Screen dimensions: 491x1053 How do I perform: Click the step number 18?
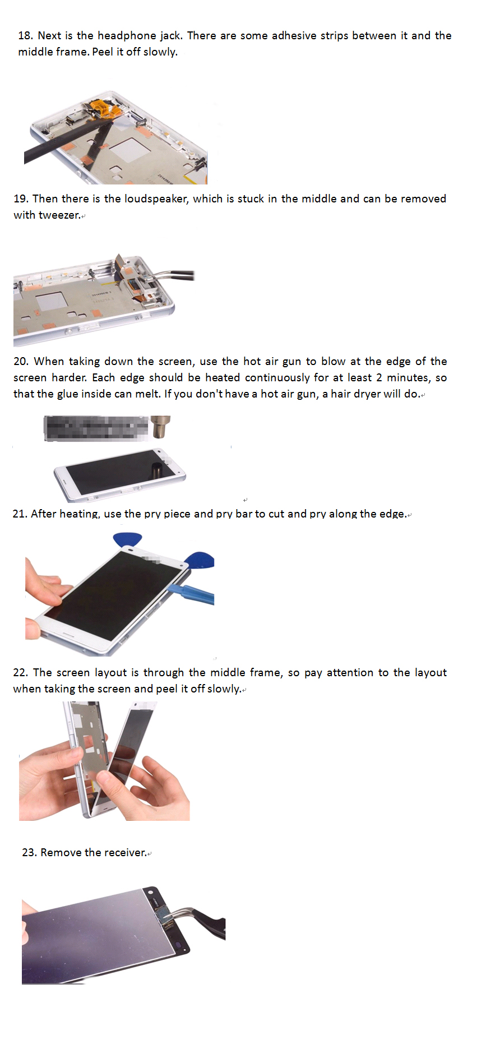pyautogui.click(x=25, y=36)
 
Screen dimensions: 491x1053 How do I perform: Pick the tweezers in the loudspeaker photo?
pyautogui.click(x=174, y=276)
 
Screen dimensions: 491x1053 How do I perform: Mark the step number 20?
pyautogui.click(x=21, y=362)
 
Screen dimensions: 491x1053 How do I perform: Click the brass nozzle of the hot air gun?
pyautogui.click(x=161, y=427)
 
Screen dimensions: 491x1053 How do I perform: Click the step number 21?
pyautogui.click(x=20, y=514)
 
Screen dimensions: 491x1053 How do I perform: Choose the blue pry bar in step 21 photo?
pyautogui.click(x=191, y=594)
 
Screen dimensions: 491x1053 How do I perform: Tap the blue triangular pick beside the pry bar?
pyautogui.click(x=200, y=560)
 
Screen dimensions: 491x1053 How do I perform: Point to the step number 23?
pyautogui.click(x=29, y=853)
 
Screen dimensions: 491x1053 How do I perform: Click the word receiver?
pyautogui.click(x=126, y=853)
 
